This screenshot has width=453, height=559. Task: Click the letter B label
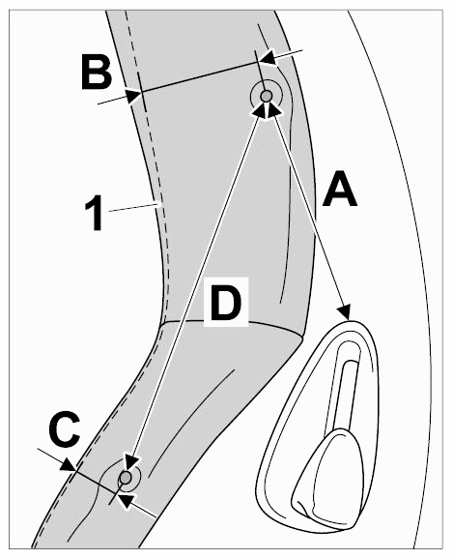97,72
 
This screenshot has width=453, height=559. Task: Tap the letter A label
339,189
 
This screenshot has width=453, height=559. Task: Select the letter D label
226,303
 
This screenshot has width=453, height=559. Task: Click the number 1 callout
95,215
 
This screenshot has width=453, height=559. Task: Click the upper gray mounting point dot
266,96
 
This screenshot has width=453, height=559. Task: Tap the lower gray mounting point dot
125,477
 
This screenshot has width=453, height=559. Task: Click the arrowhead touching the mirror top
345,310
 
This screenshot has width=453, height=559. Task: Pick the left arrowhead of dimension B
134,96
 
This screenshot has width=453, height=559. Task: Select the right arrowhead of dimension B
268,58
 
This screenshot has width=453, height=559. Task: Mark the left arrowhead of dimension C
68,465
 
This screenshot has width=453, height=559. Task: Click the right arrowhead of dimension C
127,500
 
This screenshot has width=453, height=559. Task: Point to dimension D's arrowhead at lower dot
130,461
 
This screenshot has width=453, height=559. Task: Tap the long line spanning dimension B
200,77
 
